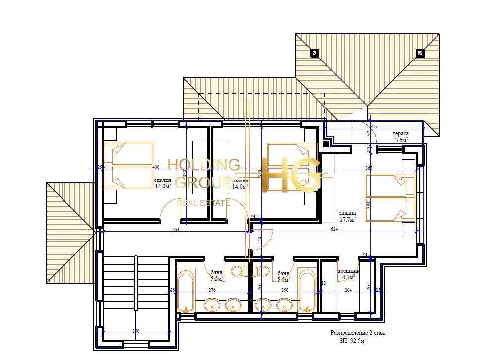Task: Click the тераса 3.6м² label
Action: pyautogui.click(x=400, y=137)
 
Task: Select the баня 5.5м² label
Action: pyautogui.click(x=216, y=276)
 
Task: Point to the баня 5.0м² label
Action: pyautogui.click(x=283, y=276)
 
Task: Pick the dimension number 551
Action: pyautogui.click(x=176, y=230)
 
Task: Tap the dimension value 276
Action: pyautogui.click(x=212, y=290)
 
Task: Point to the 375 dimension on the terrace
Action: pyautogui.click(x=374, y=127)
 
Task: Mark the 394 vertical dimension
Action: pyautogui.click(x=369, y=204)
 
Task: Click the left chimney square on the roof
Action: pyautogui.click(x=314, y=52)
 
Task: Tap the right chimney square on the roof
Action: pyautogui.click(x=420, y=52)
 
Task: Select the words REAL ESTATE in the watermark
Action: pyautogui.click(x=204, y=202)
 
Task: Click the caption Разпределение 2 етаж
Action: pyautogui.click(x=358, y=333)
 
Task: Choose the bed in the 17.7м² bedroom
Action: pyautogui.click(x=390, y=197)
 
